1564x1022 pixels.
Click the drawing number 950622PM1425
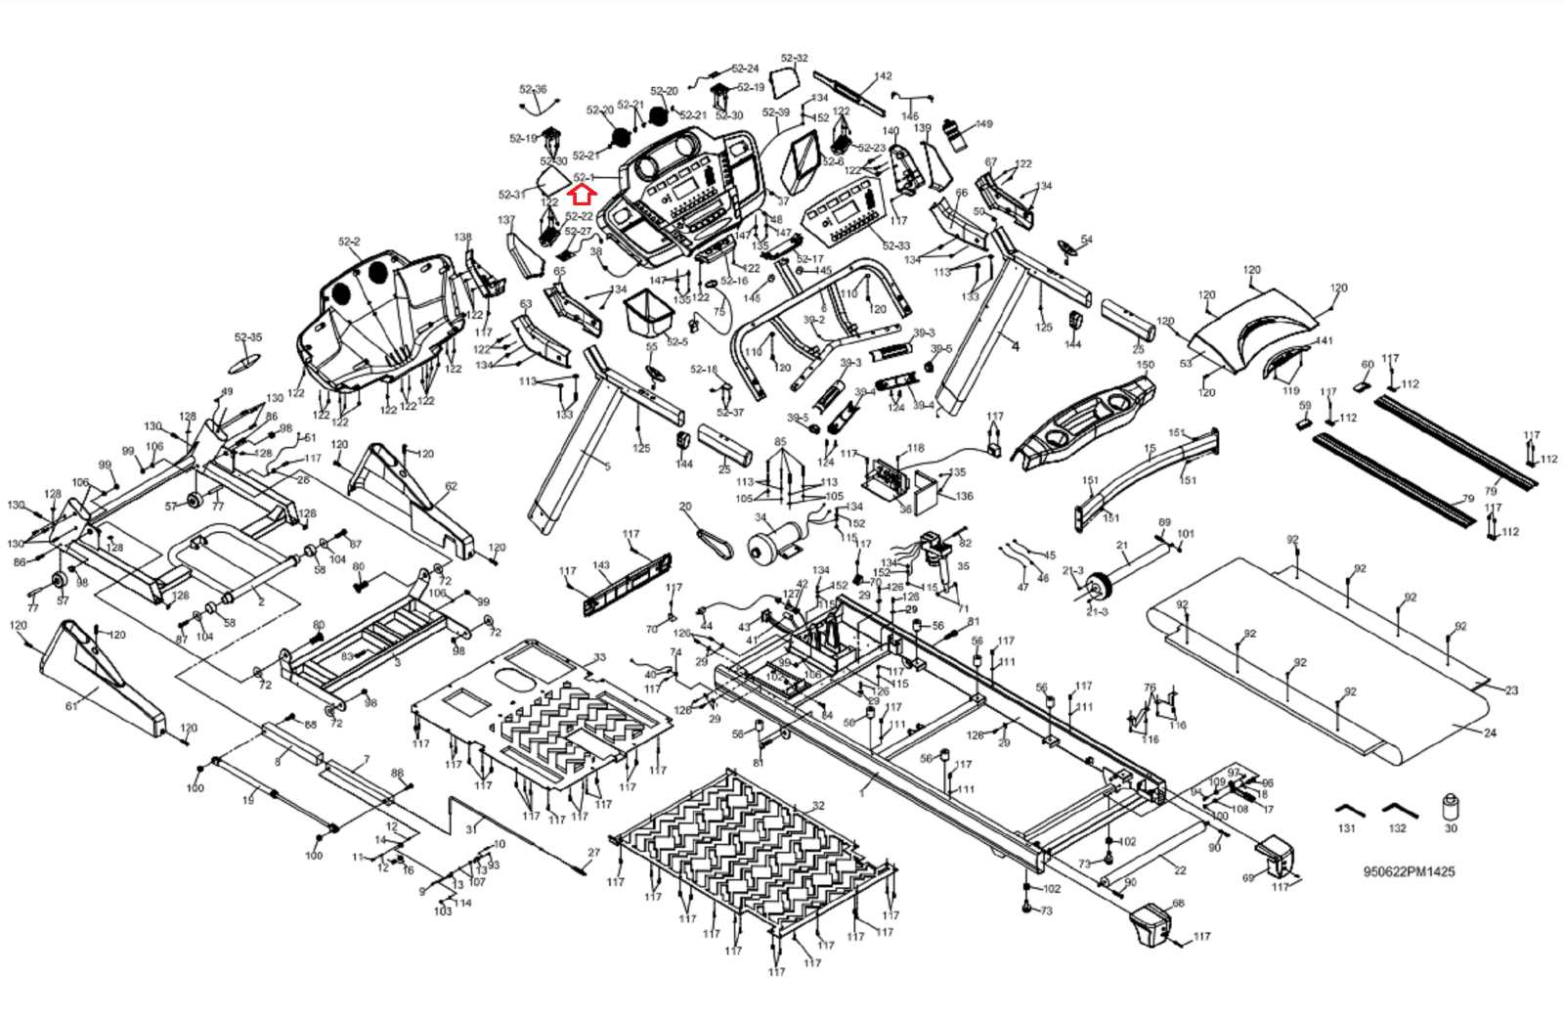[x=1409, y=871]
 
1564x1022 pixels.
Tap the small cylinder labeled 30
[x=1451, y=808]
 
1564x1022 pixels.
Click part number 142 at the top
[x=883, y=76]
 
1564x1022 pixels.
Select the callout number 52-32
[x=794, y=59]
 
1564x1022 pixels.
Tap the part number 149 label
[x=983, y=124]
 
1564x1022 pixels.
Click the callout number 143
[x=601, y=565]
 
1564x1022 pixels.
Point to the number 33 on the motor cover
[x=599, y=657]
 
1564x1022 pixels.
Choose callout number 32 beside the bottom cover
[x=818, y=806]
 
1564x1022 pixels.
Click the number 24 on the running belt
[x=1490, y=733]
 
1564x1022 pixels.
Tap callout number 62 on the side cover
[x=451, y=486]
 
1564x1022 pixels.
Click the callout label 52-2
[x=349, y=242]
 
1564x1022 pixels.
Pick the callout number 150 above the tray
[x=1146, y=365]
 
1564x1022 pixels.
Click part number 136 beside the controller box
[x=964, y=496]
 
